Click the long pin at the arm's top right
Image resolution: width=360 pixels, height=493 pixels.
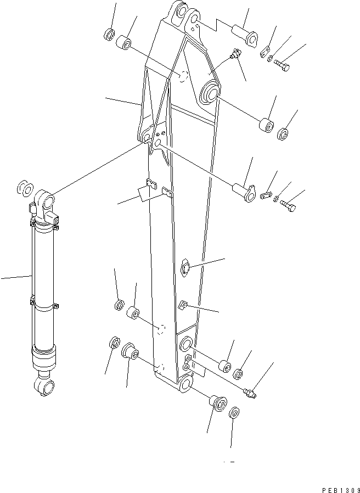pyautogui.click(x=245, y=31)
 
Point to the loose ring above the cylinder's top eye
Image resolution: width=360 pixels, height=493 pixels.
pyautogui.click(x=24, y=188)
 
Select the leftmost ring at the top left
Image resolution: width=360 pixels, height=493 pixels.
pyautogui.click(x=109, y=35)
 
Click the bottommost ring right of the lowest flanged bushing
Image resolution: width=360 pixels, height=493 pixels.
pyautogui.click(x=234, y=412)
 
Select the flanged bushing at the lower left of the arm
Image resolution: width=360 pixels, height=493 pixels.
pyautogui.click(x=130, y=351)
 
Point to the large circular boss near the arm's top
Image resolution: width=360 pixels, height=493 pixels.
pyautogui.click(x=210, y=92)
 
